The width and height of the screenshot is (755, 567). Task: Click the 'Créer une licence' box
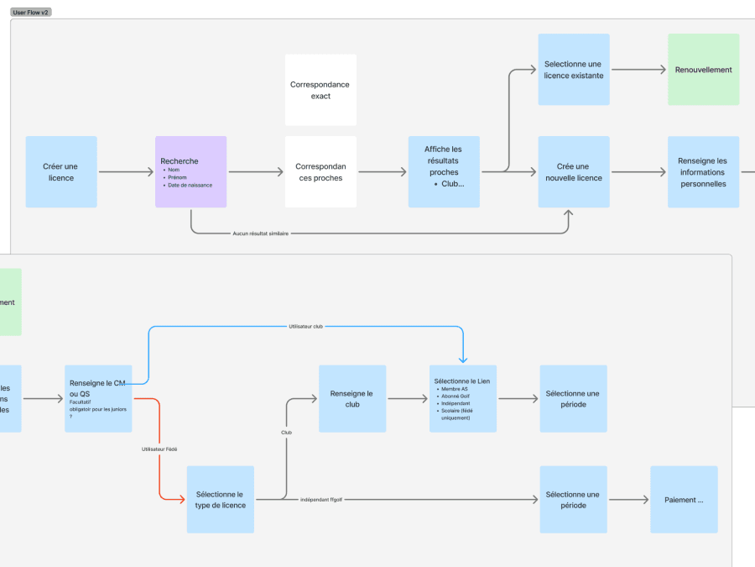pyautogui.click(x=61, y=172)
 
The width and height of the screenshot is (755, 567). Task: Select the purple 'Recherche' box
pyautogui.click(x=190, y=171)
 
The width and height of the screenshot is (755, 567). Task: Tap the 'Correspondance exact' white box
pyautogui.click(x=320, y=90)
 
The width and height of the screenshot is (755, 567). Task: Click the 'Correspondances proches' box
pyautogui.click(x=320, y=172)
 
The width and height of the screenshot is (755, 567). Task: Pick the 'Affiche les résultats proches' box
pyautogui.click(x=444, y=172)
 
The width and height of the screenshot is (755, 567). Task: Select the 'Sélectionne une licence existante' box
pyautogui.click(x=573, y=70)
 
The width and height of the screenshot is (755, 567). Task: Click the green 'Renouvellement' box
pyautogui.click(x=703, y=70)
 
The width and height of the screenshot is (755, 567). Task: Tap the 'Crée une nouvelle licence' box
pyautogui.click(x=573, y=172)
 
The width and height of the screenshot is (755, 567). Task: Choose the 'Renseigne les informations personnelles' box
pyautogui.click(x=703, y=172)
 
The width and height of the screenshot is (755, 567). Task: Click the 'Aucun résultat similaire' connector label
pyautogui.click(x=261, y=234)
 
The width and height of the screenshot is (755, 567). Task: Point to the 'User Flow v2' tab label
pyautogui.click(x=31, y=13)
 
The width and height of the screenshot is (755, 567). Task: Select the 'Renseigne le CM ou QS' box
pyautogui.click(x=98, y=398)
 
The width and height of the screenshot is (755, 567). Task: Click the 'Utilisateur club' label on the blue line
pyautogui.click(x=305, y=326)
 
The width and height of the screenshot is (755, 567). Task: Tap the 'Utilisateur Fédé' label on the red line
pyautogui.click(x=159, y=449)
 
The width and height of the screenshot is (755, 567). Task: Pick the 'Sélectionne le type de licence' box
pyautogui.click(x=220, y=500)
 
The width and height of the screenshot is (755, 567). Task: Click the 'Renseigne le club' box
pyautogui.click(x=351, y=399)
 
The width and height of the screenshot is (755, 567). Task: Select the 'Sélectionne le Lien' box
pyautogui.click(x=462, y=399)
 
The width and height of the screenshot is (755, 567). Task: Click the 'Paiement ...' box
pyautogui.click(x=684, y=500)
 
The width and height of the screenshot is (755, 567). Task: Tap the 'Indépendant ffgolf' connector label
pyautogui.click(x=322, y=500)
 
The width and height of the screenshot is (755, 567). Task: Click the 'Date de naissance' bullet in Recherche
pyautogui.click(x=190, y=185)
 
